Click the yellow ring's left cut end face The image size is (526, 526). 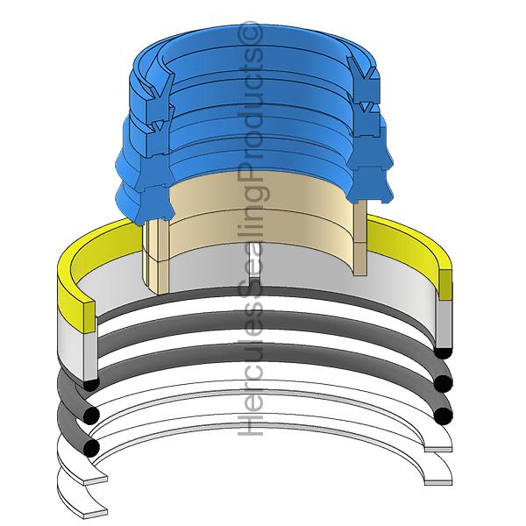click(x=89, y=317)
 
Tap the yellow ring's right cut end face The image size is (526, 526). click(x=445, y=285)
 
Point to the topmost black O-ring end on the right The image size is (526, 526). click(x=443, y=353)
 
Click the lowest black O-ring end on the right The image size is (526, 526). click(x=443, y=416)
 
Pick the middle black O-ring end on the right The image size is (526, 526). click(x=443, y=384)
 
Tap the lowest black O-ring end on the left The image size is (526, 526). click(x=91, y=448)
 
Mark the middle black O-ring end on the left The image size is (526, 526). click(x=91, y=415)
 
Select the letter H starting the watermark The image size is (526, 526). click(x=250, y=424)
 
